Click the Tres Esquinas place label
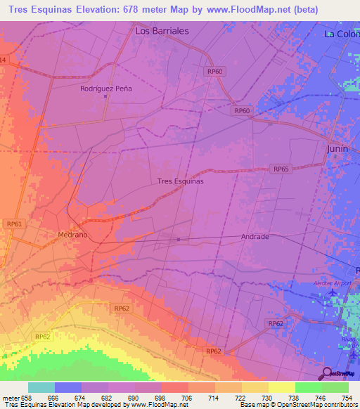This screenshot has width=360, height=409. tap(180, 181)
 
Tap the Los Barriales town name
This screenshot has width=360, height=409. tap(162, 31)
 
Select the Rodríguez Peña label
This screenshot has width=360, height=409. tap(105, 89)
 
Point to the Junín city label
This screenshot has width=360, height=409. tap(337, 149)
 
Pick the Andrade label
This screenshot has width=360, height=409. tap(255, 237)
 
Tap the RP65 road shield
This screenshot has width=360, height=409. tap(281, 169)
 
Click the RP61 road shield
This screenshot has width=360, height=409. tap(14, 223)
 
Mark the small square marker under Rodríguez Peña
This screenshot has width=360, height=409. tap(105, 97)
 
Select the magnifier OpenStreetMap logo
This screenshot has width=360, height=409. tap(326, 372)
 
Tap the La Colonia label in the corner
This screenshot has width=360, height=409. tap(341, 33)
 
